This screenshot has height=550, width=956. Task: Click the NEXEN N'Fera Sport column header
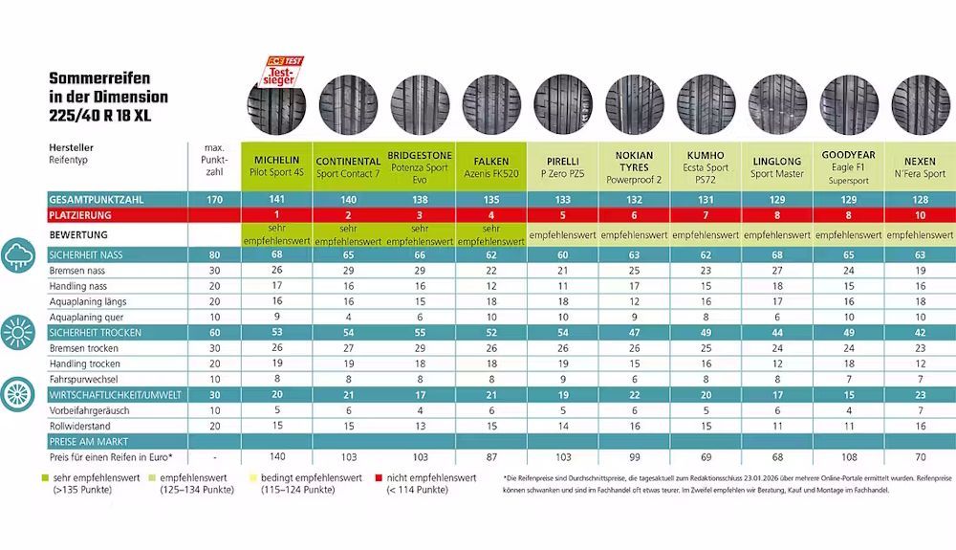919,166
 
